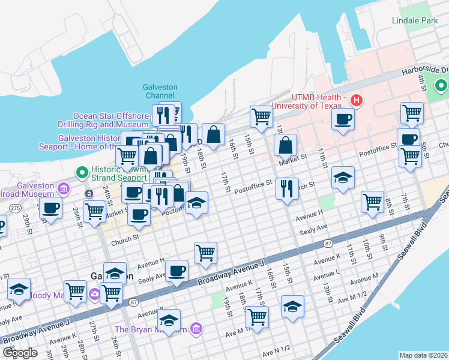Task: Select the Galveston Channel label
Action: [160, 91]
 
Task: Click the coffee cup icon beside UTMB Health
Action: [343, 119]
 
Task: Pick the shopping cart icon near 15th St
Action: [261, 116]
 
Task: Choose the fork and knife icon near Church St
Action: [288, 189]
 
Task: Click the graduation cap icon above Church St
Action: [343, 178]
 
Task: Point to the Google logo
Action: [20, 353]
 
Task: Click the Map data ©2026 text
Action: [423, 355]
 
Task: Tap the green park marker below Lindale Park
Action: [441, 87]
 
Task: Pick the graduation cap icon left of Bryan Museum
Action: [169, 320]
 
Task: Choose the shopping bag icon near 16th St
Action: [213, 134]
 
